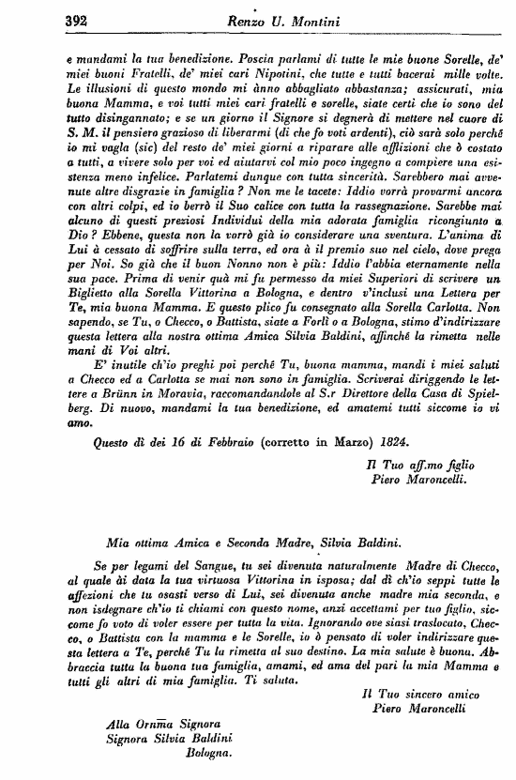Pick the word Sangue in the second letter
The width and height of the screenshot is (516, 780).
(194, 567)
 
